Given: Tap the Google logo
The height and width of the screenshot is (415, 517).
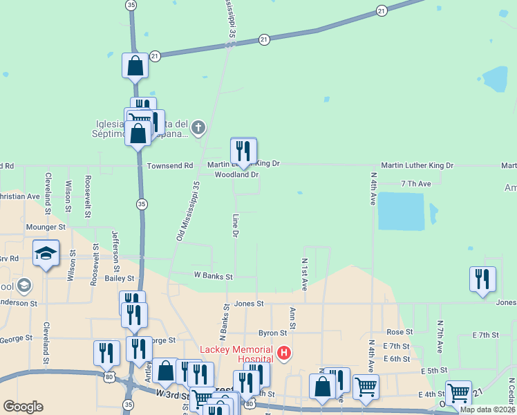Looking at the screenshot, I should click(x=23, y=407).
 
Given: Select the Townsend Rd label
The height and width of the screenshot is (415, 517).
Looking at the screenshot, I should click(x=170, y=166).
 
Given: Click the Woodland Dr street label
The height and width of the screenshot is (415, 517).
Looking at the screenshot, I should click(x=236, y=175).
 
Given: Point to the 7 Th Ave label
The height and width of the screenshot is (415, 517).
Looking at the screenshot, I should click(x=416, y=183).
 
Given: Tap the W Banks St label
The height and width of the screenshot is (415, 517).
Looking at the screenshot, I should click(x=214, y=276).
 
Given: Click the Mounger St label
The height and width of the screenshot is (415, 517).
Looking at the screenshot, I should click(x=45, y=226).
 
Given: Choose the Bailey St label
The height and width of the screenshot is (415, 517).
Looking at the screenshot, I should click(x=120, y=278).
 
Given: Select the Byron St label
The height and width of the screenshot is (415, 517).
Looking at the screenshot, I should click(x=272, y=333).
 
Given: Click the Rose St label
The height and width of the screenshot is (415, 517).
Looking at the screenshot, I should click(x=399, y=332).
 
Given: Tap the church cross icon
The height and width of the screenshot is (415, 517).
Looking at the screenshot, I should click(x=198, y=127).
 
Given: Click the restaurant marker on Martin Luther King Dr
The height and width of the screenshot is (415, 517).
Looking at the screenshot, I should click(x=243, y=151).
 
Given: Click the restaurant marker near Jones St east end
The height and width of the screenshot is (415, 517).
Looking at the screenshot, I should click(x=482, y=279).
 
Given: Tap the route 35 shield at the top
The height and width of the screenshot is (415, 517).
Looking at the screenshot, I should click(x=131, y=5).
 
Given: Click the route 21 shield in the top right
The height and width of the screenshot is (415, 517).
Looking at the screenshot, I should click(x=382, y=10).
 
